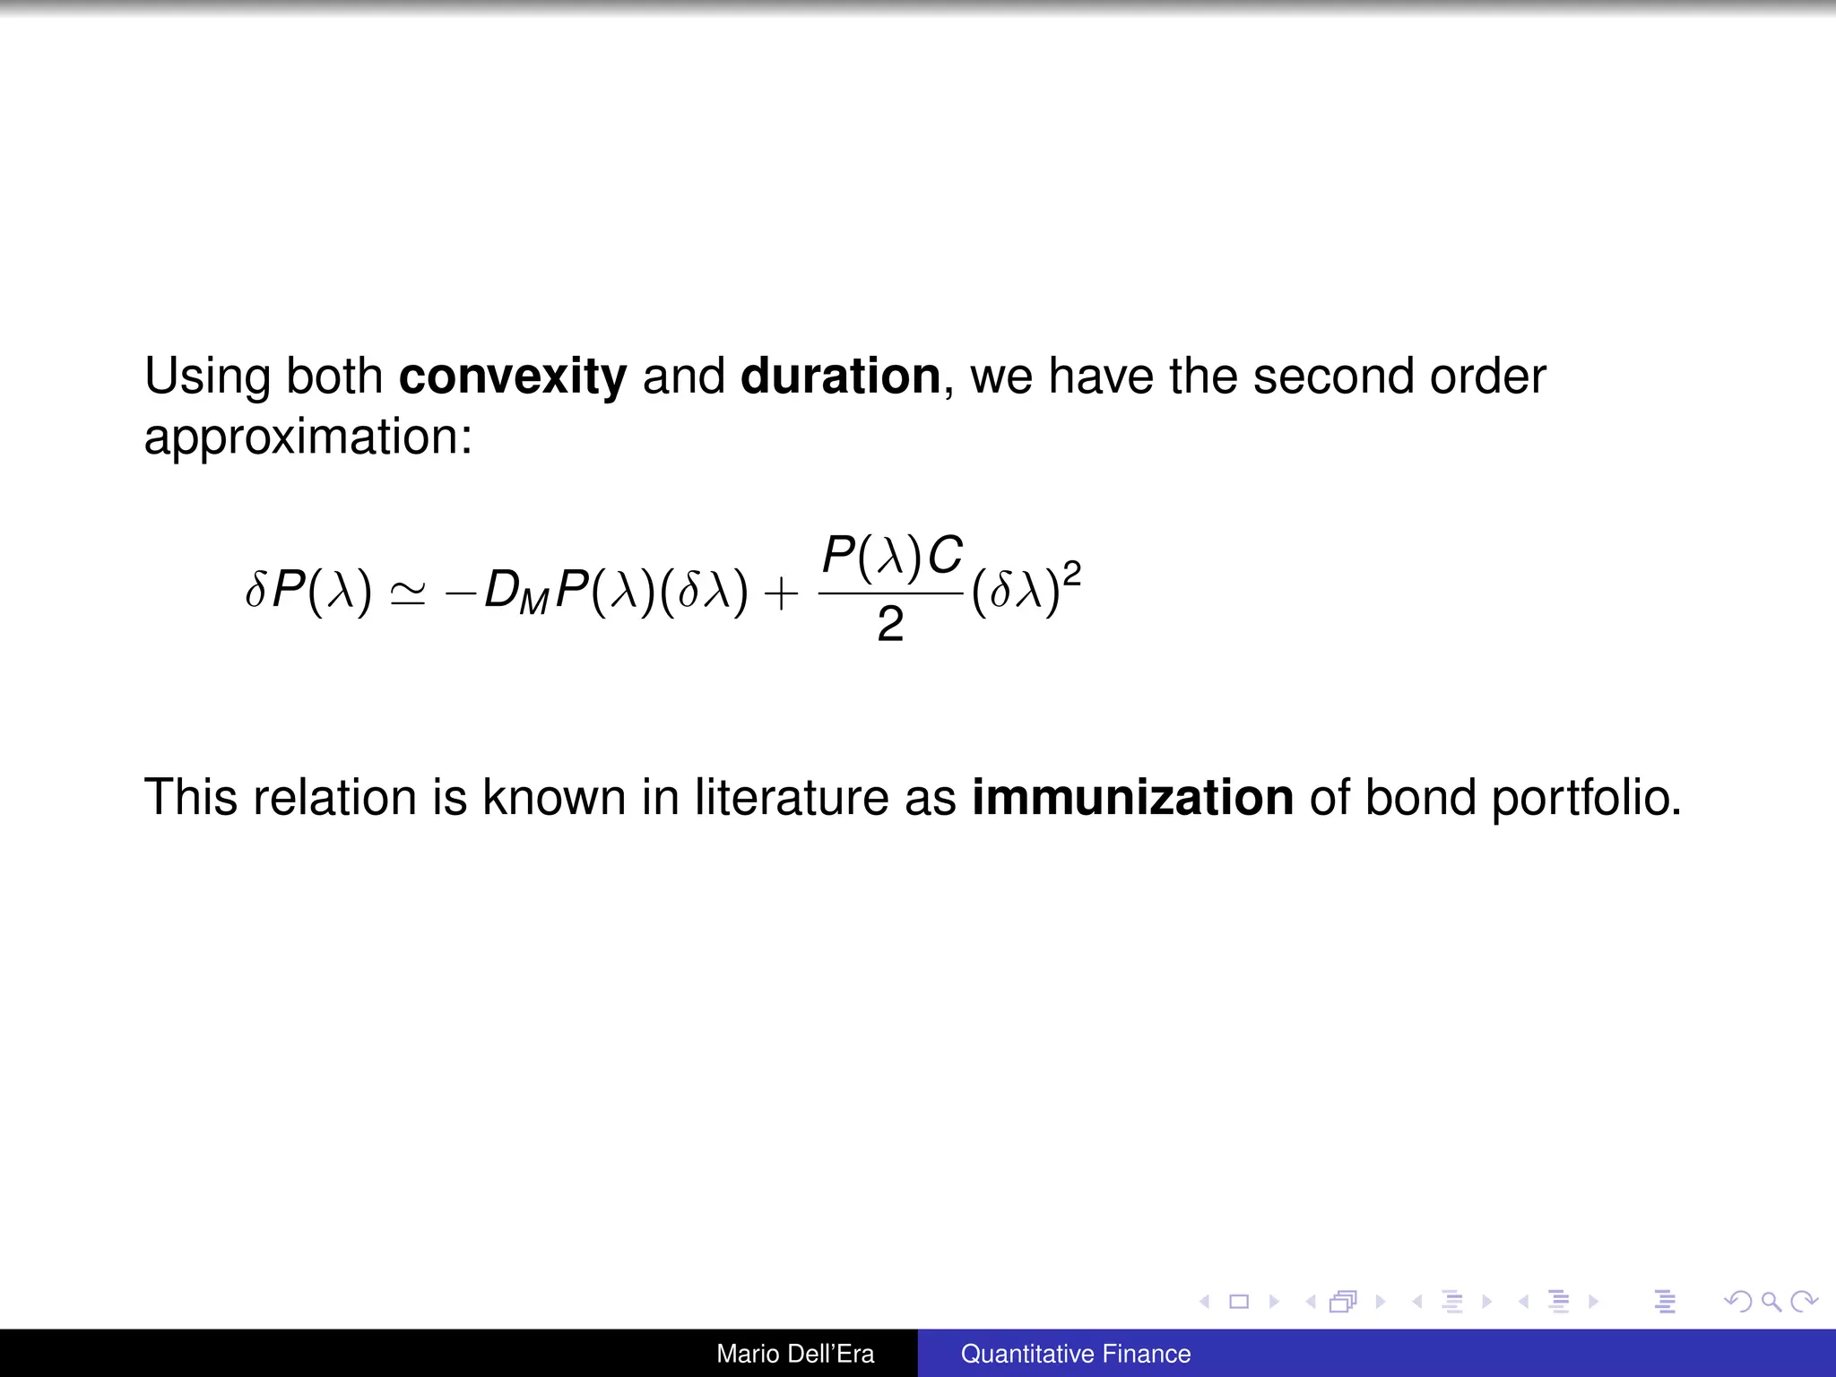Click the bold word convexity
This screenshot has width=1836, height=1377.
pyautogui.click(x=512, y=377)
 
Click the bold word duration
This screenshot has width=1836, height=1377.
pyautogui.click(x=840, y=377)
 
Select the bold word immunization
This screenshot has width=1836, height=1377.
pyautogui.click(x=1132, y=797)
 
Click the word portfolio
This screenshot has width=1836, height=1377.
pyautogui.click(x=1586, y=797)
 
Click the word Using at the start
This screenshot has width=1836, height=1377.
pyautogui.click(x=207, y=377)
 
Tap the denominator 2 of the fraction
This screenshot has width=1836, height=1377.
pyautogui.click(x=890, y=625)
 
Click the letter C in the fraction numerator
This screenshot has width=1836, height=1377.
pyautogui.click(x=945, y=556)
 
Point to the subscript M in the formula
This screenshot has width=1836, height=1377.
pyautogui.click(x=533, y=603)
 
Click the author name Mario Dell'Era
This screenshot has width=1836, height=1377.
pyautogui.click(x=795, y=1354)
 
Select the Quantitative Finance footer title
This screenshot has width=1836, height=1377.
pyautogui.click(x=1076, y=1354)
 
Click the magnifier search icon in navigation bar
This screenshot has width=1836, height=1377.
pyautogui.click(x=1771, y=1302)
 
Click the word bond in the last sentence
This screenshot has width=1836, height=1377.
pyautogui.click(x=1419, y=797)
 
